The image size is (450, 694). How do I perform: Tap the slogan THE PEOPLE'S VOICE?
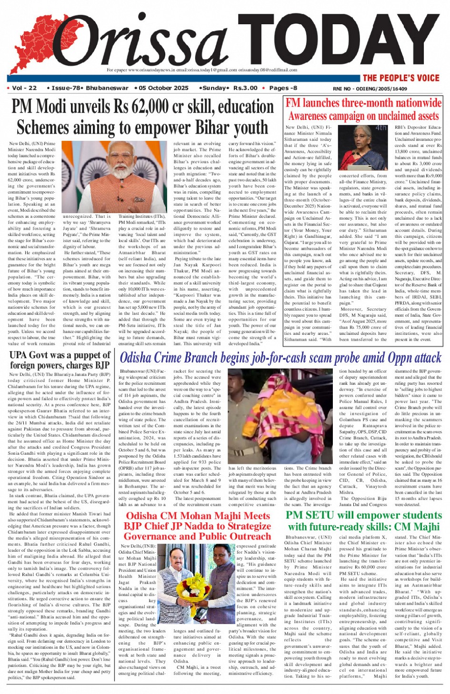[400, 78]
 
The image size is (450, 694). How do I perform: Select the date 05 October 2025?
[164, 88]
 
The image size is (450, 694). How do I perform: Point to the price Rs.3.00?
[245, 88]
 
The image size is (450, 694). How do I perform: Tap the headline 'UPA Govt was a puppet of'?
[60, 355]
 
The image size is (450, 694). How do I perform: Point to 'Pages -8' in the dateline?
[283, 88]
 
